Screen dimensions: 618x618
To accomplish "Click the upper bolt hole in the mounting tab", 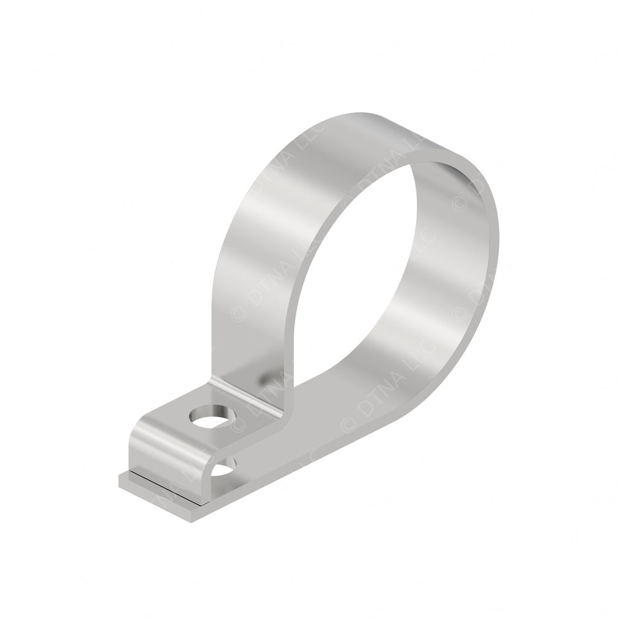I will [211, 418].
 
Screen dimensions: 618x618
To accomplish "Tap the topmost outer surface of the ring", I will [362, 124].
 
